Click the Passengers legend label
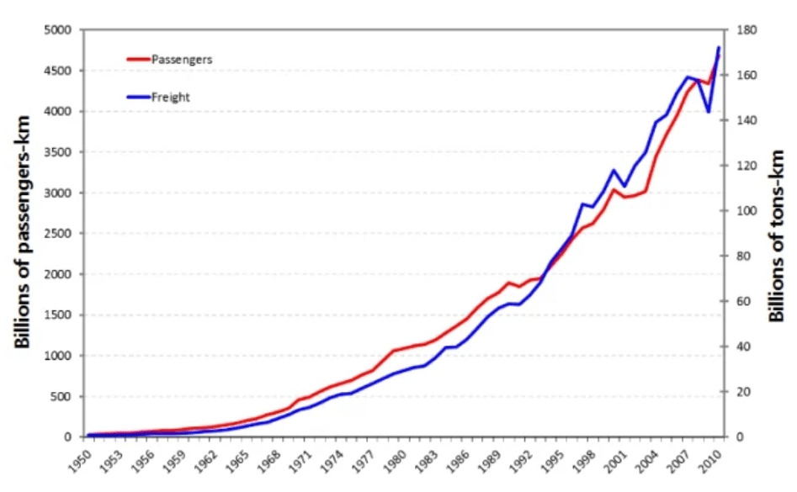pos(181,60)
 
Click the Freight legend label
pos(170,97)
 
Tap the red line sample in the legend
pos(138,60)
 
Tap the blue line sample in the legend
pos(138,97)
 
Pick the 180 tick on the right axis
pos(746,30)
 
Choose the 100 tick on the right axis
pos(746,211)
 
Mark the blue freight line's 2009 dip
pos(709,111)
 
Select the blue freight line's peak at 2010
pos(719,48)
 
